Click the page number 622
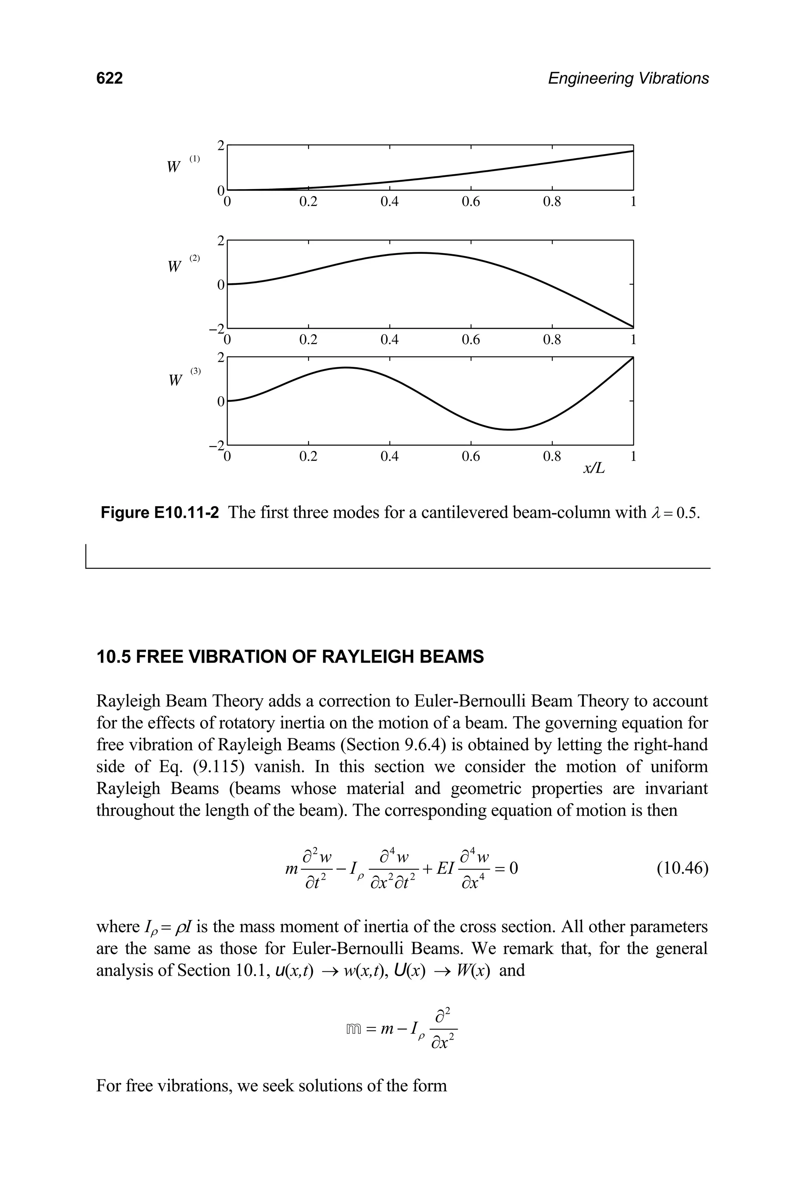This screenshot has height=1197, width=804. (x=110, y=78)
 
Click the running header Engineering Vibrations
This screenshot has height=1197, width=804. (x=628, y=78)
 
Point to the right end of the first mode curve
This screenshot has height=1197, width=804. (x=633, y=151)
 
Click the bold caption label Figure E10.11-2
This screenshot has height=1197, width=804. (x=159, y=512)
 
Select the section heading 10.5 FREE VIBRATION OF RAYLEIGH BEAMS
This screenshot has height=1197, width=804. (x=290, y=657)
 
